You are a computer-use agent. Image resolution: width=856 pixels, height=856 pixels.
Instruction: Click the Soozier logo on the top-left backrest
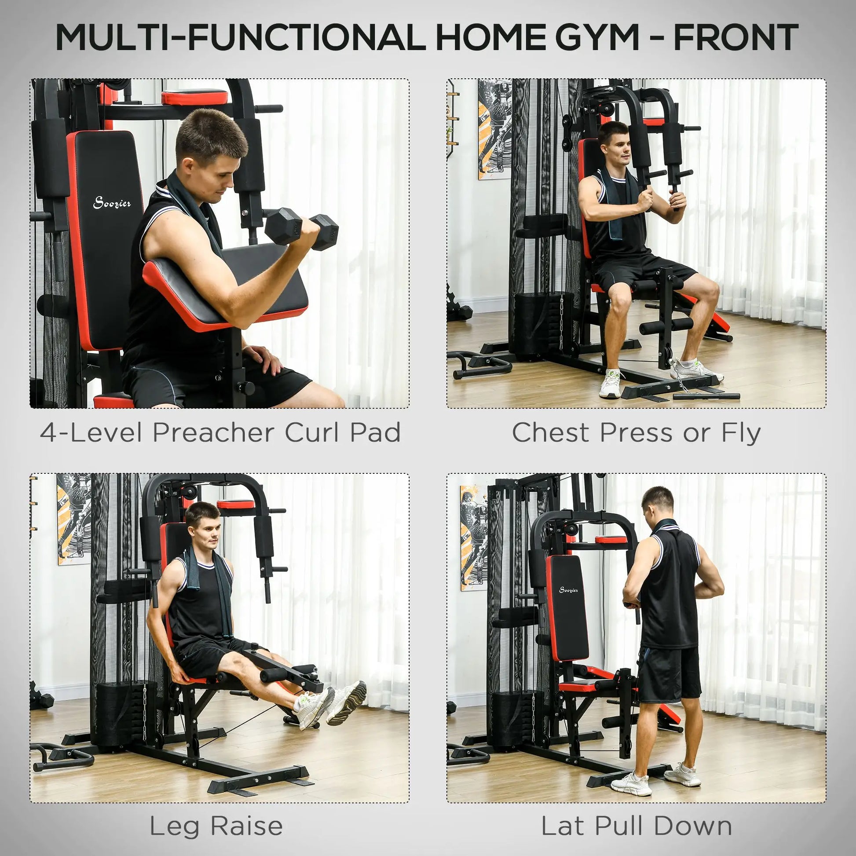point(112,203)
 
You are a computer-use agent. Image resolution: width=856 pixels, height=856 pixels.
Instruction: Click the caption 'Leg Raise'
point(216,827)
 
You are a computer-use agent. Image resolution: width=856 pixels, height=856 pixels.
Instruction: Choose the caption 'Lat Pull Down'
point(636,827)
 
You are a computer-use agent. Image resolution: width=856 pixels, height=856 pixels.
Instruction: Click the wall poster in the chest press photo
point(494,129)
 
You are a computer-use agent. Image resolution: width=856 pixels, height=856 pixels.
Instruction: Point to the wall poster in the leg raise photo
point(73,518)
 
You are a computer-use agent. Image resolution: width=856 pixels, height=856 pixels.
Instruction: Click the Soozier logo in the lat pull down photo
point(568,590)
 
